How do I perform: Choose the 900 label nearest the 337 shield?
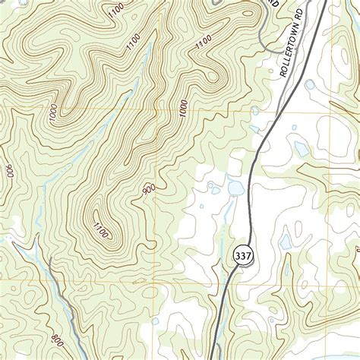pos(148,194)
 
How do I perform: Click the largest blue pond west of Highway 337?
pos(235,187)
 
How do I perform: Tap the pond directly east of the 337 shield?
pos(286,243)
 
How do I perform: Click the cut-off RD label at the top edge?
pos(274,5)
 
